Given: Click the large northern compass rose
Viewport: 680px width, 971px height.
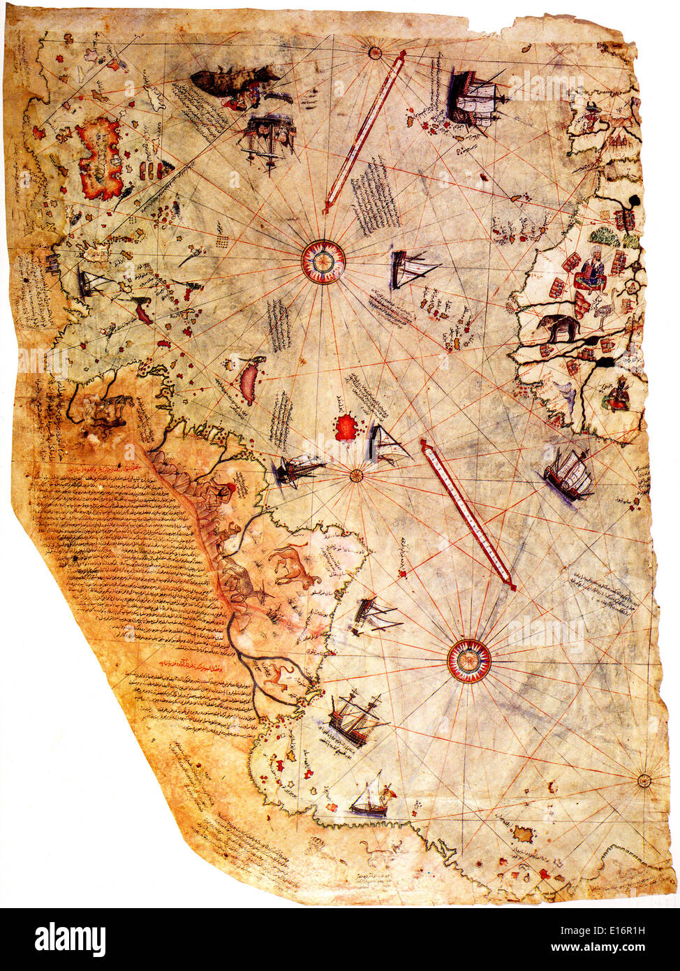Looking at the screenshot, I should (323, 261).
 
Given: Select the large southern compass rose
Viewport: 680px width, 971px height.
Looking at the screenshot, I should (469, 661).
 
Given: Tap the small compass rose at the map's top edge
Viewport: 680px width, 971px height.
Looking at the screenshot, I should (375, 52).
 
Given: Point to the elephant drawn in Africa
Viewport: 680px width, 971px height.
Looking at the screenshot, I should (558, 326).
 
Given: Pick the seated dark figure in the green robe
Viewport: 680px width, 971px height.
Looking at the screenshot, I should (617, 395).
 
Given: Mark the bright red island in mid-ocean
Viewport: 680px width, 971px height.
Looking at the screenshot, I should (346, 428).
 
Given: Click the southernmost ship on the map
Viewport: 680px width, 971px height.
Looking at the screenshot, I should (370, 801).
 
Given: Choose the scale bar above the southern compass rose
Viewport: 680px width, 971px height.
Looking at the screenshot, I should (468, 514).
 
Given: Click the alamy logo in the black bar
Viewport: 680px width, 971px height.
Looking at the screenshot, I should (71, 939).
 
